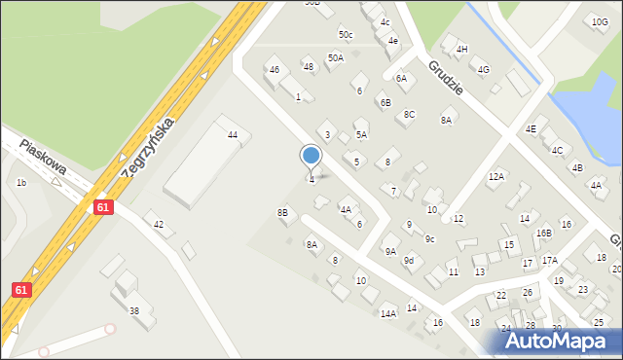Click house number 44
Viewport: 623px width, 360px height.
click(x=233, y=134)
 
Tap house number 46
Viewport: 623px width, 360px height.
click(x=275, y=70)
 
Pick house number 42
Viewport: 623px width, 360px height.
click(x=159, y=225)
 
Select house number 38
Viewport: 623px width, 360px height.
click(x=134, y=311)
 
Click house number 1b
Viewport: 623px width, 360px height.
click(x=20, y=182)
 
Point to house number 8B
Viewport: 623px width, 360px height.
click(x=282, y=212)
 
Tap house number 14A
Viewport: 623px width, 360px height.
click(x=388, y=313)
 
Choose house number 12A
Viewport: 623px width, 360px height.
click(x=496, y=176)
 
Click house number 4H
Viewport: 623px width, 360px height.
click(x=462, y=49)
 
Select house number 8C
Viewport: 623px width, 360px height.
click(x=410, y=115)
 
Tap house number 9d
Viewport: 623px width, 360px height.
click(x=410, y=261)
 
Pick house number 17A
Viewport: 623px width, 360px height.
click(x=550, y=260)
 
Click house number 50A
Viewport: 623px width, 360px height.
click(x=335, y=58)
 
